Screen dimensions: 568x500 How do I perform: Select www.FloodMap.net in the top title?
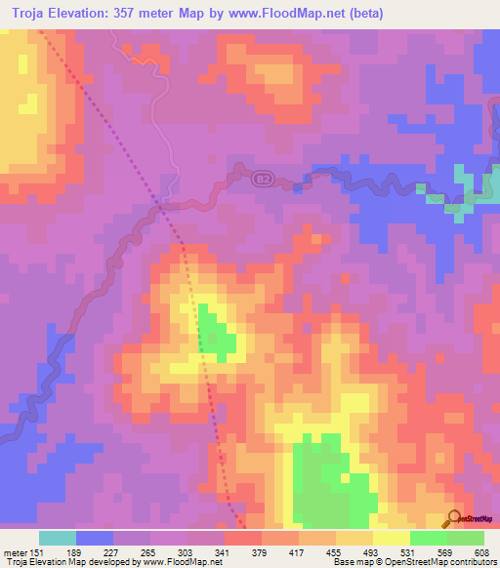(x=290, y=14)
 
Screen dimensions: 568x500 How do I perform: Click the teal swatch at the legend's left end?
(x=58, y=538)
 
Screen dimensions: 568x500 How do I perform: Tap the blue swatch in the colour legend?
(x=95, y=538)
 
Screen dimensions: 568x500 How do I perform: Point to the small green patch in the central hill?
(x=217, y=332)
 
